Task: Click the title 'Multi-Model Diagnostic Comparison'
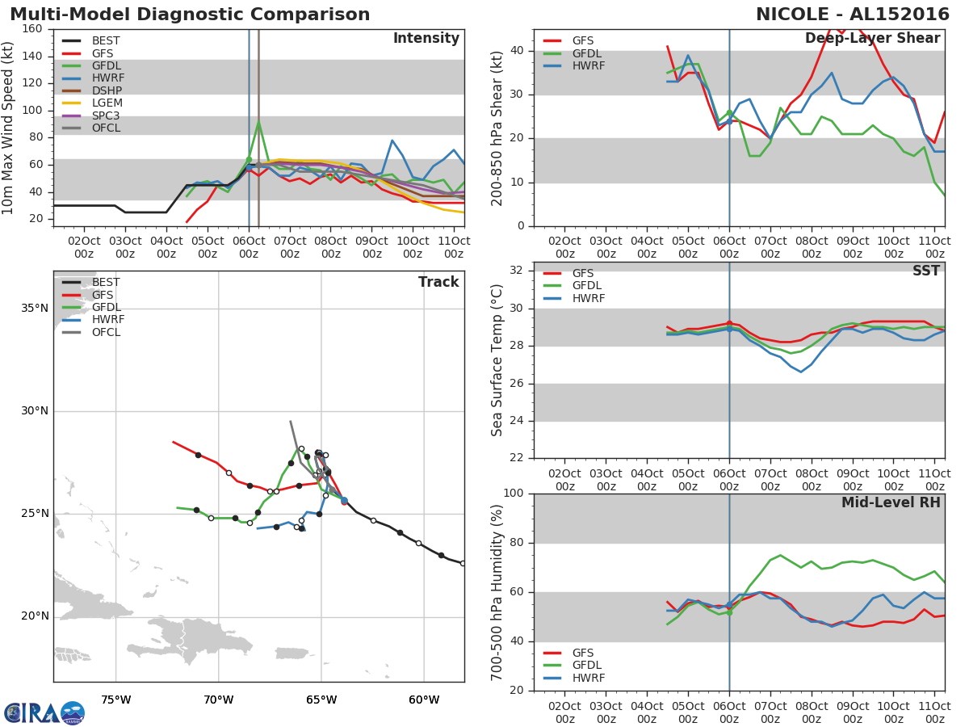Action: click(190, 15)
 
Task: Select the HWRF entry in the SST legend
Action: click(587, 298)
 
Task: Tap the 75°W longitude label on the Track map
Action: click(115, 700)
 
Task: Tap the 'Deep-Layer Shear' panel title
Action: click(872, 39)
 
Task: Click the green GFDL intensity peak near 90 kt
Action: click(258, 122)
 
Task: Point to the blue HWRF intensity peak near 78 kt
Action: click(392, 141)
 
